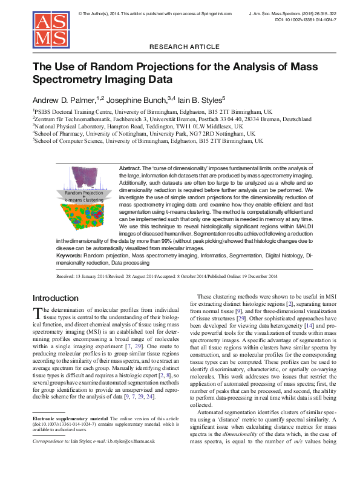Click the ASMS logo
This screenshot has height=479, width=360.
51,30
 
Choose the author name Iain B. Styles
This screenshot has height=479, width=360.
198,99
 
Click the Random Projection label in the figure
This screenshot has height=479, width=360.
84,192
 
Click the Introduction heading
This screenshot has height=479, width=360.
56,298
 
